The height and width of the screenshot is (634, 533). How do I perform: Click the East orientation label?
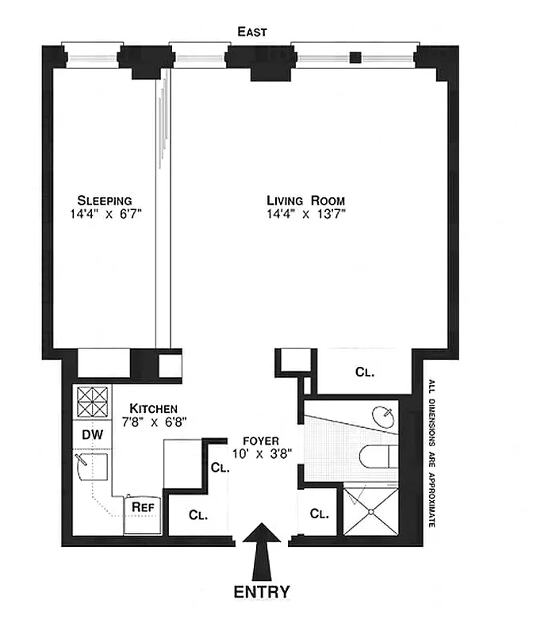(254, 32)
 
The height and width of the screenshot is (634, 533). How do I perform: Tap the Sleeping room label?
(105, 200)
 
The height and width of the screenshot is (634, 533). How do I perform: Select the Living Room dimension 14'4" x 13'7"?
(305, 213)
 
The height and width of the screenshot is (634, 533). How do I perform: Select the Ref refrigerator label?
(142, 506)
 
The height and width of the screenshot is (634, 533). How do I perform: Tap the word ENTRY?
(261, 591)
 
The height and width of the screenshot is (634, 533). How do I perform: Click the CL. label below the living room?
(364, 370)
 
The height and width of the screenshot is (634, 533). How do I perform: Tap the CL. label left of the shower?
(319, 514)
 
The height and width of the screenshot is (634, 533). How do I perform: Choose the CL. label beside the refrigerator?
(197, 514)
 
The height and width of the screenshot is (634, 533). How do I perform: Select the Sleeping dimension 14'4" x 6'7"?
(105, 213)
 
